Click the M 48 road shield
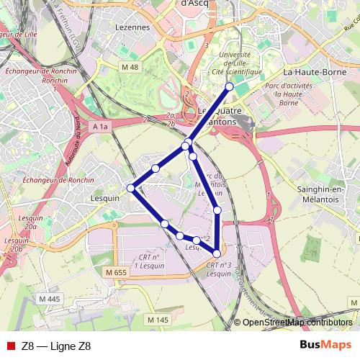[130, 67]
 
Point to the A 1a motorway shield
[102, 127]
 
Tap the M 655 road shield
[115, 272]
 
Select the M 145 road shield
[157, 319]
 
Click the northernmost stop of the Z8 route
[230, 86]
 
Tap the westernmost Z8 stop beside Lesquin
[131, 188]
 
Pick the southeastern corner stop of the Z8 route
[217, 253]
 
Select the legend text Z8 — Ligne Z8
[56, 346]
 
